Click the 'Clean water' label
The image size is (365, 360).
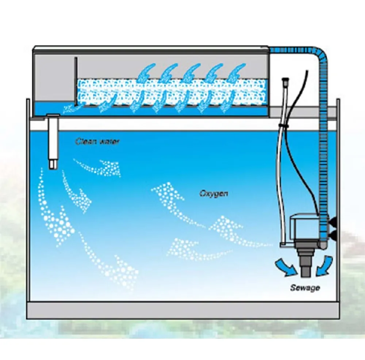[97, 141]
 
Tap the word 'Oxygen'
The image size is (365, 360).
[214, 193]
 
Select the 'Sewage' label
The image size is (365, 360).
[305, 288]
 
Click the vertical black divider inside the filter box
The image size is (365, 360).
[76, 80]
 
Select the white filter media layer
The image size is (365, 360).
[172, 92]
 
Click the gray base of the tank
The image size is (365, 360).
[183, 311]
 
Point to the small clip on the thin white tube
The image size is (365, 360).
[284, 125]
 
